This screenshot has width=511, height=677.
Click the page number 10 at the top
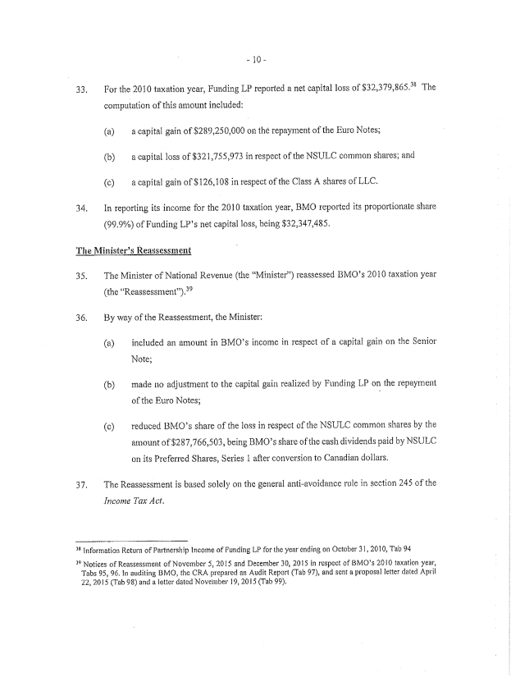[x=256, y=61]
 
